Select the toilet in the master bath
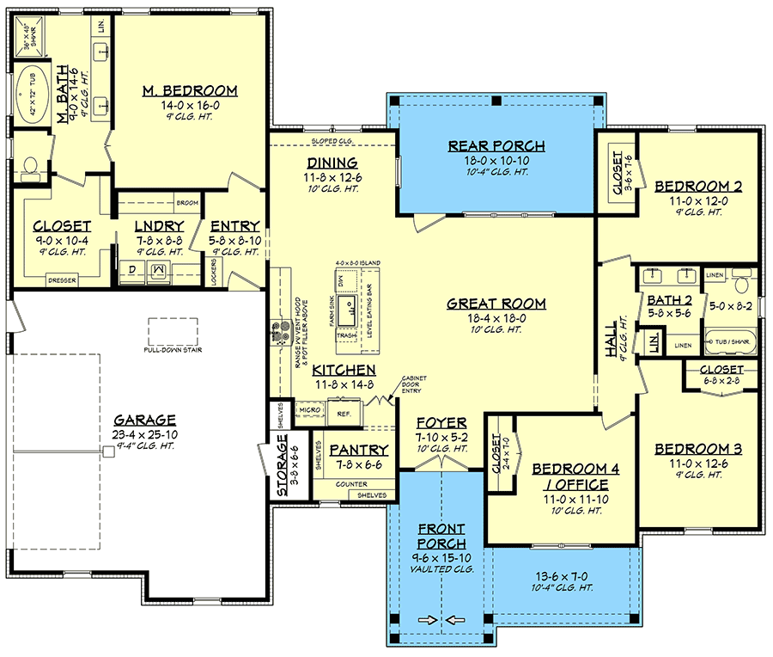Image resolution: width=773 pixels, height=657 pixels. [x=30, y=166]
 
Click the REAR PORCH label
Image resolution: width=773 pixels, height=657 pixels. [x=496, y=145]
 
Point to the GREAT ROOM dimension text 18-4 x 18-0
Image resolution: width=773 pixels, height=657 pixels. [x=496, y=318]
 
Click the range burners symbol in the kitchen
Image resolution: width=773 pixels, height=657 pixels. [x=281, y=333]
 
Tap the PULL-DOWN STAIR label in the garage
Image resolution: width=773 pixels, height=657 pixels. [x=173, y=351]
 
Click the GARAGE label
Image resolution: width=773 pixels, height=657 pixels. [x=144, y=421]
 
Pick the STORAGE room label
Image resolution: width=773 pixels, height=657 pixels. [x=283, y=470]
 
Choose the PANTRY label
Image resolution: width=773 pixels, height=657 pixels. [x=360, y=451]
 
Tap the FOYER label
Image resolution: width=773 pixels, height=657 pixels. [x=441, y=423]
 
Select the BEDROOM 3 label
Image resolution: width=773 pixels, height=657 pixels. [x=698, y=449]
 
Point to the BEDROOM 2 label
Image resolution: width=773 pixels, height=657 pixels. [x=698, y=186]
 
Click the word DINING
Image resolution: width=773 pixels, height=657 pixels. [x=332, y=163]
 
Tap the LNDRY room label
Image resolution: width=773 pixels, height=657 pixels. [x=158, y=228]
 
